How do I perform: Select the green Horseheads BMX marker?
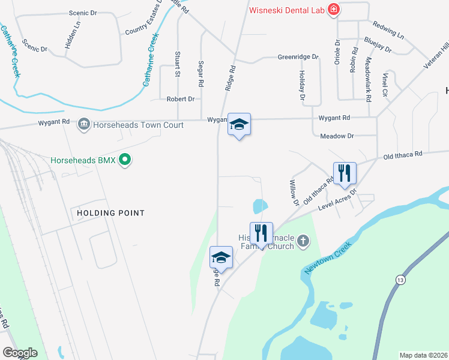pos(125,160)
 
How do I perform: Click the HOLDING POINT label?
pos(111,213)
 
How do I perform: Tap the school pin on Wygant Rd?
pos(239,125)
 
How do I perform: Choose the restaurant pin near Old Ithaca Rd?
pos(345,173)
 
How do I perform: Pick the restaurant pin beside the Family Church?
pos(261,233)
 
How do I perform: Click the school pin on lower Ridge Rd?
pos(221,257)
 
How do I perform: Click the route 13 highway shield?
pos(399,280)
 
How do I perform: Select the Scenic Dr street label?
pos(83,13)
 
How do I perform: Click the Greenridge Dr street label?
pos(297,57)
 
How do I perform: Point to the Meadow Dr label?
pos(337,136)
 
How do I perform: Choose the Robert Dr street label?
pos(181,99)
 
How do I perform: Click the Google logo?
pos(20,353)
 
